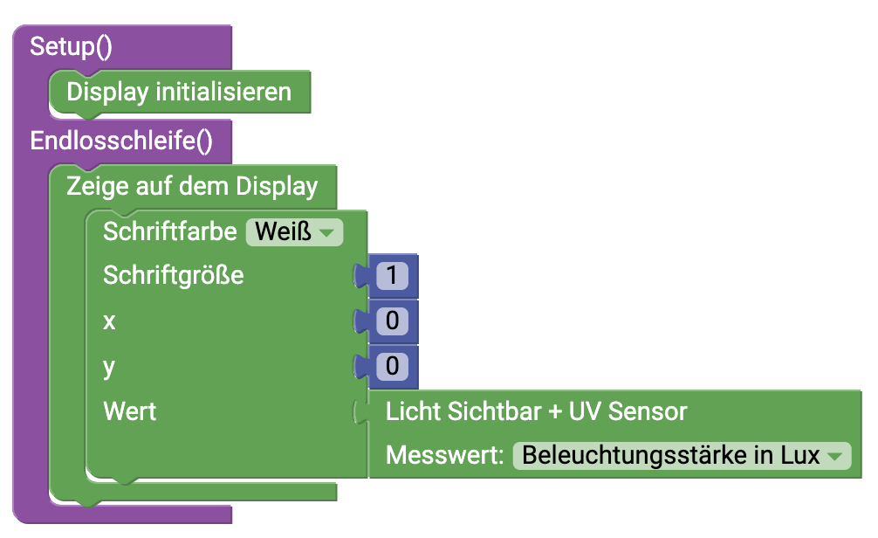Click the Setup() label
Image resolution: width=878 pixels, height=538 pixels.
[71, 46]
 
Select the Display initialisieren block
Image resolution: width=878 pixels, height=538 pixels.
[179, 92]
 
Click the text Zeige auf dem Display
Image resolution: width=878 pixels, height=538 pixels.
[192, 186]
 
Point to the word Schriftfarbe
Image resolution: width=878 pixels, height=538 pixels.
[169, 231]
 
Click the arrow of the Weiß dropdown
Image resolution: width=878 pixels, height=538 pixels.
[326, 233]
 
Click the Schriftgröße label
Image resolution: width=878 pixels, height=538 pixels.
[173, 276]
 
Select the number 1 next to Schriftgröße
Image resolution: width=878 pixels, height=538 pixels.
[392, 276]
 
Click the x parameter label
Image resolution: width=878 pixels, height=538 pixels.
[109, 321]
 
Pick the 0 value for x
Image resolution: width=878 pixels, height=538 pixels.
[392, 321]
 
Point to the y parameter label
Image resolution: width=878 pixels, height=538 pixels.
[109, 367]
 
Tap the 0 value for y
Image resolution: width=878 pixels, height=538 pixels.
[392, 367]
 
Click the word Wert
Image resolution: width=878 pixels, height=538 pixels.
[129, 411]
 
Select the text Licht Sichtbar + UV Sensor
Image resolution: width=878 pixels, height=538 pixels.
[537, 411]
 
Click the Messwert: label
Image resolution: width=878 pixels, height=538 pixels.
[445, 456]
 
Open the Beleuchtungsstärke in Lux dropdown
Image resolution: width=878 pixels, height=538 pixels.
[670, 456]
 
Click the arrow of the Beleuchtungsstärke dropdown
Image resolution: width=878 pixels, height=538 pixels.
[835, 456]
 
